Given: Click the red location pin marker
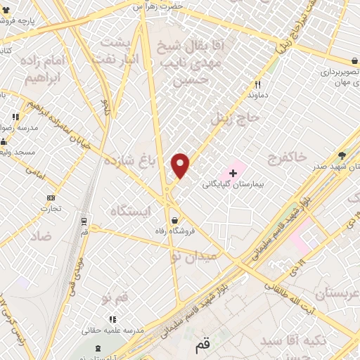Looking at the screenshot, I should click(181, 165).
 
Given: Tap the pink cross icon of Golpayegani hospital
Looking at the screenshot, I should click(233, 172).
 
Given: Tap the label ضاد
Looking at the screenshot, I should click(40, 236).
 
